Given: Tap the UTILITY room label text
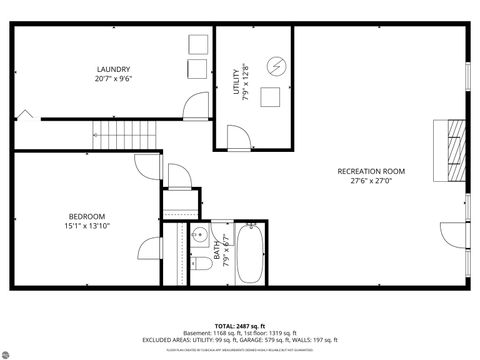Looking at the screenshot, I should coord(236,82).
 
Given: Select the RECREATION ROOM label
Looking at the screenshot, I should coord(370,171).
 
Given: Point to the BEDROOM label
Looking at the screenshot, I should coord(87,217).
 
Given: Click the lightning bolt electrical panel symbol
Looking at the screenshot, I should coord(276,66).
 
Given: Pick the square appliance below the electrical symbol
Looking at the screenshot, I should coord(270,97).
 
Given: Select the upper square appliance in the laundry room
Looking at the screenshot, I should coord(196,46).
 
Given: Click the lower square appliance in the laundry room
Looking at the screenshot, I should coord(196,69).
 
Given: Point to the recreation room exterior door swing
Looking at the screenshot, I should coord(455,232).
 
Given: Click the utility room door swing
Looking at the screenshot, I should coord(238,139).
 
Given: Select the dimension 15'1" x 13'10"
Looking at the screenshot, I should coord(87,228).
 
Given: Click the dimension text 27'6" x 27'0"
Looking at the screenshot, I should coord(370,181).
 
